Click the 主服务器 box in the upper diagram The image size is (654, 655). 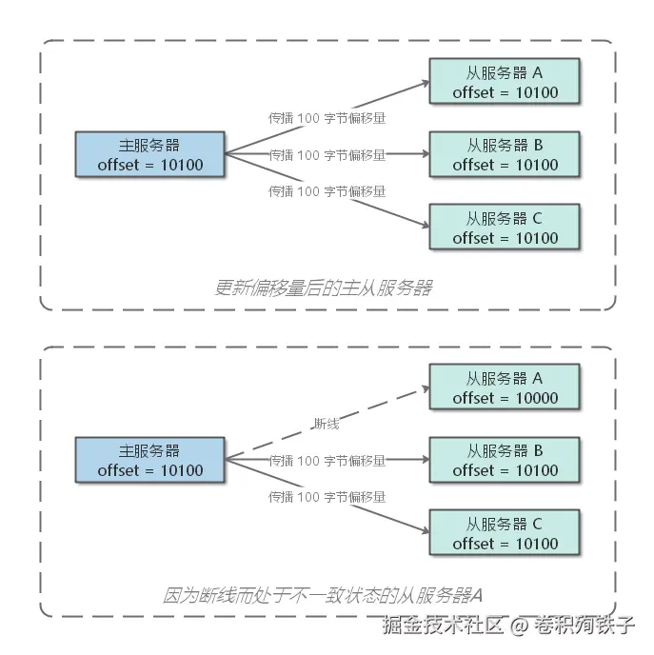click(x=149, y=155)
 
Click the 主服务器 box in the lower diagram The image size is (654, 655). click(x=149, y=461)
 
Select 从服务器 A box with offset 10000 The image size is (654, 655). click(x=505, y=388)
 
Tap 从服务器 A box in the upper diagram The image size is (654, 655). click(x=505, y=83)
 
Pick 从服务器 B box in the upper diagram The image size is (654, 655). click(x=505, y=155)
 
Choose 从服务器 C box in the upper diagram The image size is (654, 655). click(x=505, y=228)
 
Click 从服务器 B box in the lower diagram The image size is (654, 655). click(x=505, y=461)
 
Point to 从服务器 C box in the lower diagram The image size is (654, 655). click(x=505, y=534)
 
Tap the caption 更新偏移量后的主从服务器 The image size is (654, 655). click(x=323, y=287)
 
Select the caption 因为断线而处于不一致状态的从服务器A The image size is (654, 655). click(x=323, y=596)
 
